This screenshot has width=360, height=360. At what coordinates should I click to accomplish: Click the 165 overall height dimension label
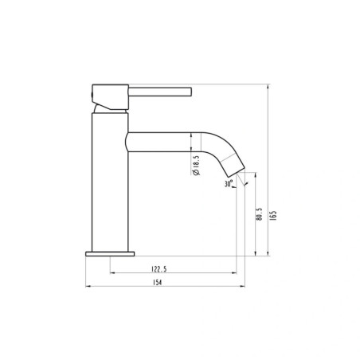pyautogui.click(x=273, y=215)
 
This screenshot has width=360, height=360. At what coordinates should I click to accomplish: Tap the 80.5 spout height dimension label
pyautogui.click(x=259, y=214)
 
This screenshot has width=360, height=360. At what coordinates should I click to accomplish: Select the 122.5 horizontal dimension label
pyautogui.click(x=159, y=269)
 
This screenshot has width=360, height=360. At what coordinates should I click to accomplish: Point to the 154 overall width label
pyautogui.click(x=157, y=283)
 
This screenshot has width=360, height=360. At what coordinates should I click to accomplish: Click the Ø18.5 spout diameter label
pyautogui.click(x=197, y=166)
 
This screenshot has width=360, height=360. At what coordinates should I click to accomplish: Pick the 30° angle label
pyautogui.click(x=229, y=183)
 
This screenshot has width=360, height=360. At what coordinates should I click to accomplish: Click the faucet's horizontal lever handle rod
pyautogui.click(x=160, y=92)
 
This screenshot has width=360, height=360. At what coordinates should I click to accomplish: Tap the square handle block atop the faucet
pyautogui.click(x=111, y=97)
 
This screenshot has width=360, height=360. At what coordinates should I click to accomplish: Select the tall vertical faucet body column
pyautogui.click(x=110, y=182)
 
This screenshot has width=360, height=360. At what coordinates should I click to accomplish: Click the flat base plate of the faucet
pyautogui.click(x=110, y=254)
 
